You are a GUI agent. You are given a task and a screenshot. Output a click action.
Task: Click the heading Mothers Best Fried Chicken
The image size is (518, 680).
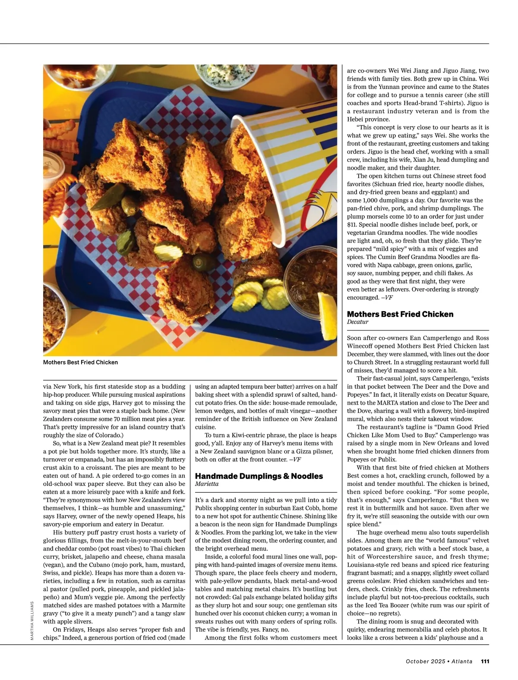click(400, 314)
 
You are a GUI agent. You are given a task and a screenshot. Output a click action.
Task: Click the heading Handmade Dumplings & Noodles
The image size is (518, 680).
click(259, 476)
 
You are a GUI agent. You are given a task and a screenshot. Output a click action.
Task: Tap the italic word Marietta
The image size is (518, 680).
click(207, 484)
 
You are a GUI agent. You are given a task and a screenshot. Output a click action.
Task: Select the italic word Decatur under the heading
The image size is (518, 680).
click(357, 322)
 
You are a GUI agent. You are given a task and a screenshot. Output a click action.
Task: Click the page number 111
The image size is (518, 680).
click(485, 661)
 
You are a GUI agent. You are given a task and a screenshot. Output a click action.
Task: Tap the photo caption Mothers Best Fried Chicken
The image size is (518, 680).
click(80, 362)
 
